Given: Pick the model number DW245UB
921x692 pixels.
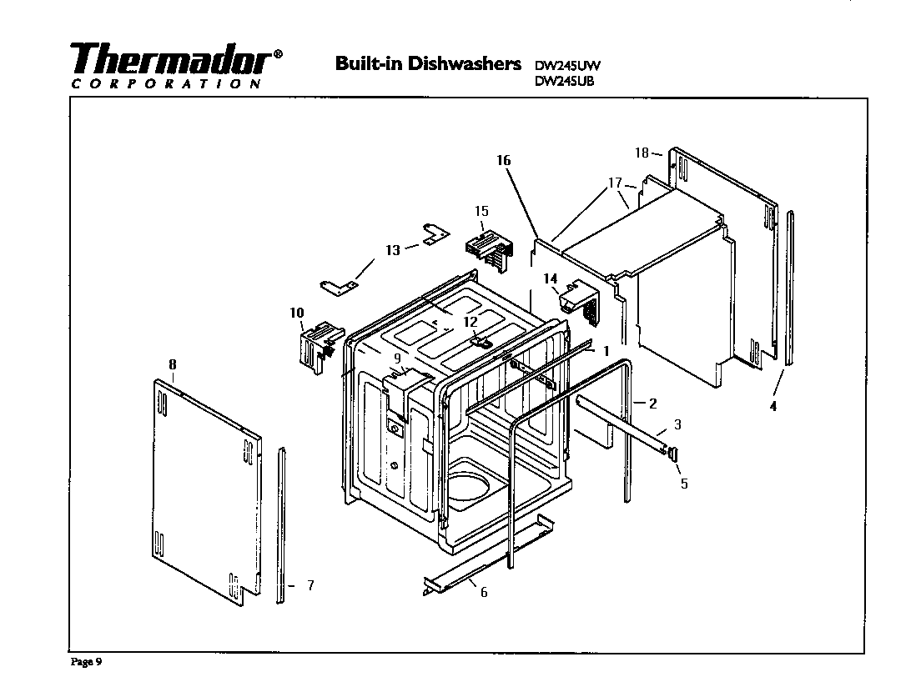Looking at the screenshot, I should tap(564, 81).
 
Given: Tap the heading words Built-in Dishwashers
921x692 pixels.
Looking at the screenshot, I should tap(428, 63).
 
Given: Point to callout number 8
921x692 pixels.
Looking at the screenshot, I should tap(173, 364).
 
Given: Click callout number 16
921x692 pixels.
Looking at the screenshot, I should tap(503, 160).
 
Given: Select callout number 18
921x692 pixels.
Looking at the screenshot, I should tap(641, 153).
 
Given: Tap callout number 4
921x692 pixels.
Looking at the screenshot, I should tap(773, 407).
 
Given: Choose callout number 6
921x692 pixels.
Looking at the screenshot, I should tap(484, 592).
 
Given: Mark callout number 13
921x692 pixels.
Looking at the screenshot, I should tap(393, 249).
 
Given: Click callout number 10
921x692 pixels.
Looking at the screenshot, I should tap(296, 313).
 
